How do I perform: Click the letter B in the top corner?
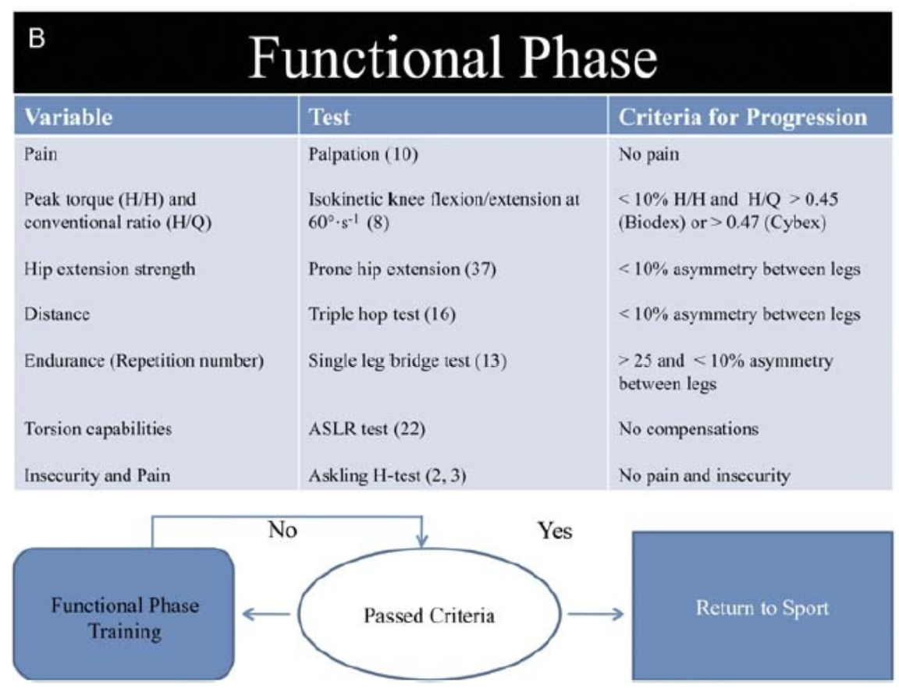pyautogui.click(x=36, y=38)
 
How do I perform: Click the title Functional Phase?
pyautogui.click(x=453, y=57)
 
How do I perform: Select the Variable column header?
pyautogui.click(x=68, y=117)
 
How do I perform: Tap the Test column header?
pyautogui.click(x=329, y=117)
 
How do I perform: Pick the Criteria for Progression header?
pyautogui.click(x=742, y=118)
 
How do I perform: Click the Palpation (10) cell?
pyautogui.click(x=363, y=154)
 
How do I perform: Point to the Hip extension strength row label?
pyautogui.click(x=109, y=269)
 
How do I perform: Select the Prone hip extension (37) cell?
pyautogui.click(x=402, y=269)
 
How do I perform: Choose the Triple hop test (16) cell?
pyautogui.click(x=382, y=314)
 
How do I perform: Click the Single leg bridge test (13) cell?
pyautogui.click(x=407, y=361)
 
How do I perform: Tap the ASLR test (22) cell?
pyautogui.click(x=366, y=428)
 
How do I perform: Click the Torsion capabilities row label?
pyautogui.click(x=98, y=428)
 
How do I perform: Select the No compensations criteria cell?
pyautogui.click(x=688, y=428)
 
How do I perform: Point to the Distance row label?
pyautogui.click(x=57, y=314)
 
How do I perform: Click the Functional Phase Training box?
pyautogui.click(x=124, y=614)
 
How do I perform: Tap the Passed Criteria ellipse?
pyautogui.click(x=429, y=615)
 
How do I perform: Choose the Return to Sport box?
pyautogui.click(x=762, y=606)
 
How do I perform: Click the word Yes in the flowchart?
pyautogui.click(x=554, y=531)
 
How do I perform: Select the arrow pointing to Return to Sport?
pyautogui.click(x=595, y=615)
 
